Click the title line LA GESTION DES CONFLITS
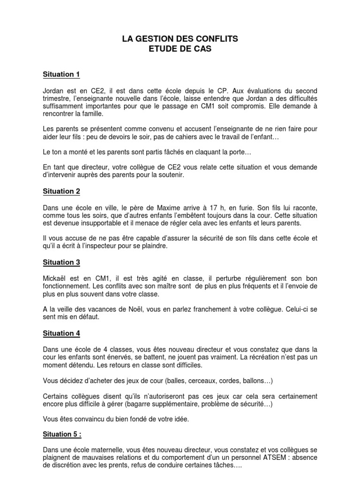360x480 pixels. pyautogui.click(x=180, y=39)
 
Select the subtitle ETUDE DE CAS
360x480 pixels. pyautogui.click(x=180, y=49)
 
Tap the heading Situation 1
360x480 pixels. pyautogui.click(x=61, y=74)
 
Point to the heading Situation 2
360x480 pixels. pyautogui.click(x=61, y=191)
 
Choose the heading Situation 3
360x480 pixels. pyautogui.click(x=61, y=262)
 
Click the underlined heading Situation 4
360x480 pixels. pyautogui.click(x=61, y=333)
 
